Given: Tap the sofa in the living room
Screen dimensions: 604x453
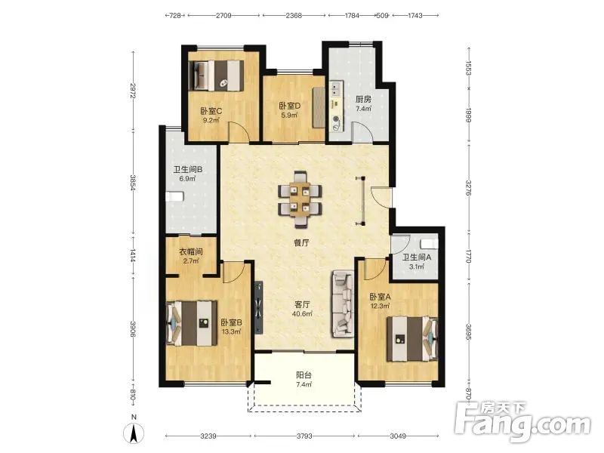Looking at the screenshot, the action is pyautogui.click(x=343, y=304).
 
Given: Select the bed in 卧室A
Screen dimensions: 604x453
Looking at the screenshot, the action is pyautogui.click(x=412, y=339).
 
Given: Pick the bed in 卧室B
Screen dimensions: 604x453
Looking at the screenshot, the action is pyautogui.click(x=192, y=323).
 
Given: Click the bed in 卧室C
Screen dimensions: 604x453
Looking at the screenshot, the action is pyautogui.click(x=217, y=75).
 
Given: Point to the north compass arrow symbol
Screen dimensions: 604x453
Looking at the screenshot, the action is pyautogui.click(x=134, y=432).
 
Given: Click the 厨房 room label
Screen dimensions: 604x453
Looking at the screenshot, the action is pyautogui.click(x=363, y=100).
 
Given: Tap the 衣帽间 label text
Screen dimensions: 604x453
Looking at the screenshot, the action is pyautogui.click(x=191, y=252).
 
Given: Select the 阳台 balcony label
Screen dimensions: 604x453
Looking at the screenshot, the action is pyautogui.click(x=304, y=375).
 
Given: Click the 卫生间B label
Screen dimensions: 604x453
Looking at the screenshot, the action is pyautogui.click(x=188, y=169).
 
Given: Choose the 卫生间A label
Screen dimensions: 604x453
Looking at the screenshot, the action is pyautogui.click(x=417, y=257).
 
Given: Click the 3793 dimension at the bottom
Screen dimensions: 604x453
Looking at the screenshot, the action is pyautogui.click(x=304, y=436).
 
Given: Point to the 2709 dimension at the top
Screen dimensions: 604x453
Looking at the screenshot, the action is pyautogui.click(x=223, y=15).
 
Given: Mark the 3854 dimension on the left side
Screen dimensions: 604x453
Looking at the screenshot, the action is pyautogui.click(x=133, y=183).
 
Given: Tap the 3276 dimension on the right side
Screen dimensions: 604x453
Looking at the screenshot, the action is pyautogui.click(x=468, y=188).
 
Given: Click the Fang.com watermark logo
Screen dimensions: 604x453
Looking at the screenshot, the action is pyautogui.click(x=522, y=422).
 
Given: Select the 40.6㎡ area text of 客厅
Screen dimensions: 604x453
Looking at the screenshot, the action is pyautogui.click(x=302, y=314).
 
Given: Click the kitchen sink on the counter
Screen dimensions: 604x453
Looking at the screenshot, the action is pyautogui.click(x=336, y=89).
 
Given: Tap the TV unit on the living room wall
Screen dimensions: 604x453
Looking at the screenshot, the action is pyautogui.click(x=258, y=307).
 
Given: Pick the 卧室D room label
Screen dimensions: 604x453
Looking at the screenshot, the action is pyautogui.click(x=290, y=106).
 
